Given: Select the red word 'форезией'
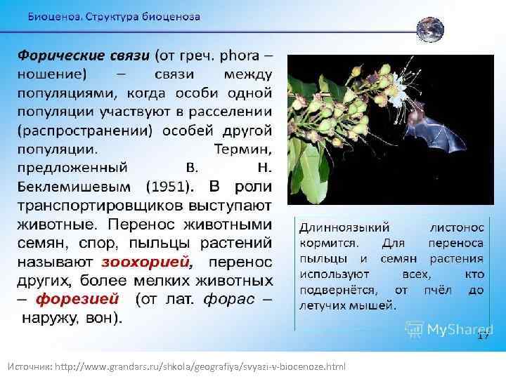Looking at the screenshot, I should [x=77, y=299].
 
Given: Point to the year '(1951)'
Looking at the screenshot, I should [x=167, y=187].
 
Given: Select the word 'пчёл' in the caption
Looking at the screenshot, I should [x=436, y=291].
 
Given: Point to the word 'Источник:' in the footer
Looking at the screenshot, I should [x=30, y=367].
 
